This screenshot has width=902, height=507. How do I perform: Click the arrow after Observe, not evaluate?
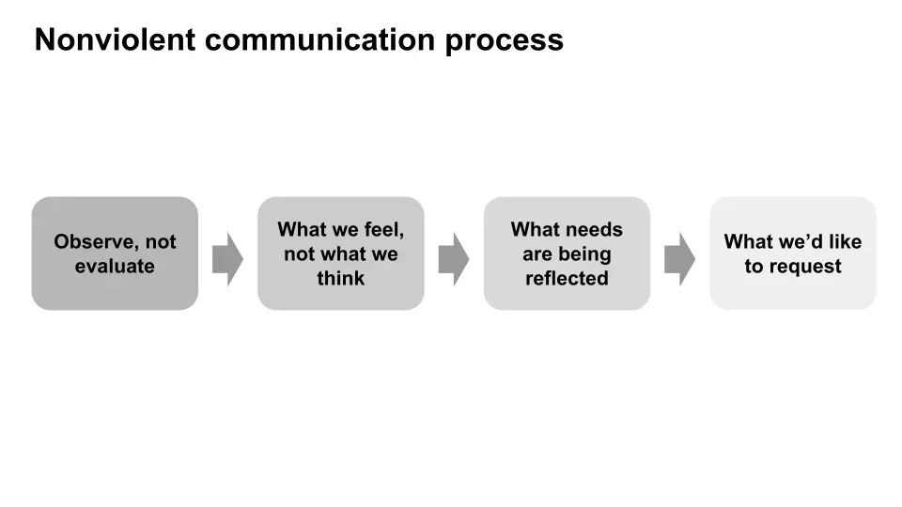(227, 258)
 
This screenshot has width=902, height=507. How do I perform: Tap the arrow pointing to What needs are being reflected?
(454, 258)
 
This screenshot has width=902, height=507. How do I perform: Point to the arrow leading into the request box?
(679, 258)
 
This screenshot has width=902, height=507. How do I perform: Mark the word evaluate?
(115, 267)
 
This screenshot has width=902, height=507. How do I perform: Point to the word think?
(340, 279)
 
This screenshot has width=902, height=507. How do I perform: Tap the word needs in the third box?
(592, 229)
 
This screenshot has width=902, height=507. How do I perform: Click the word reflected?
(567, 279)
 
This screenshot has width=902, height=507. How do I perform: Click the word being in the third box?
(585, 254)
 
